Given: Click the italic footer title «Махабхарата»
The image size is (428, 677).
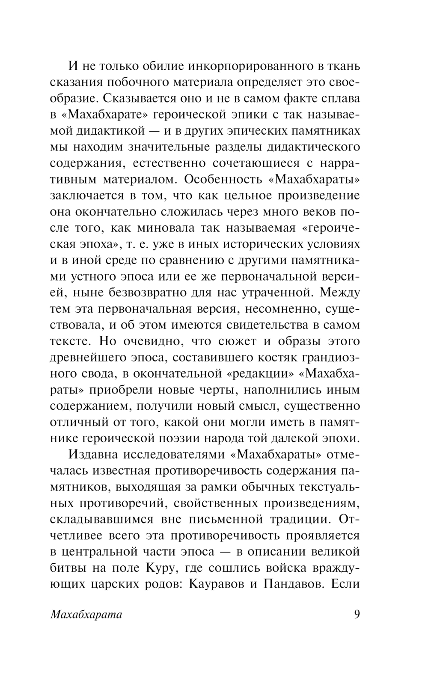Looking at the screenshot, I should click(86, 615).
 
